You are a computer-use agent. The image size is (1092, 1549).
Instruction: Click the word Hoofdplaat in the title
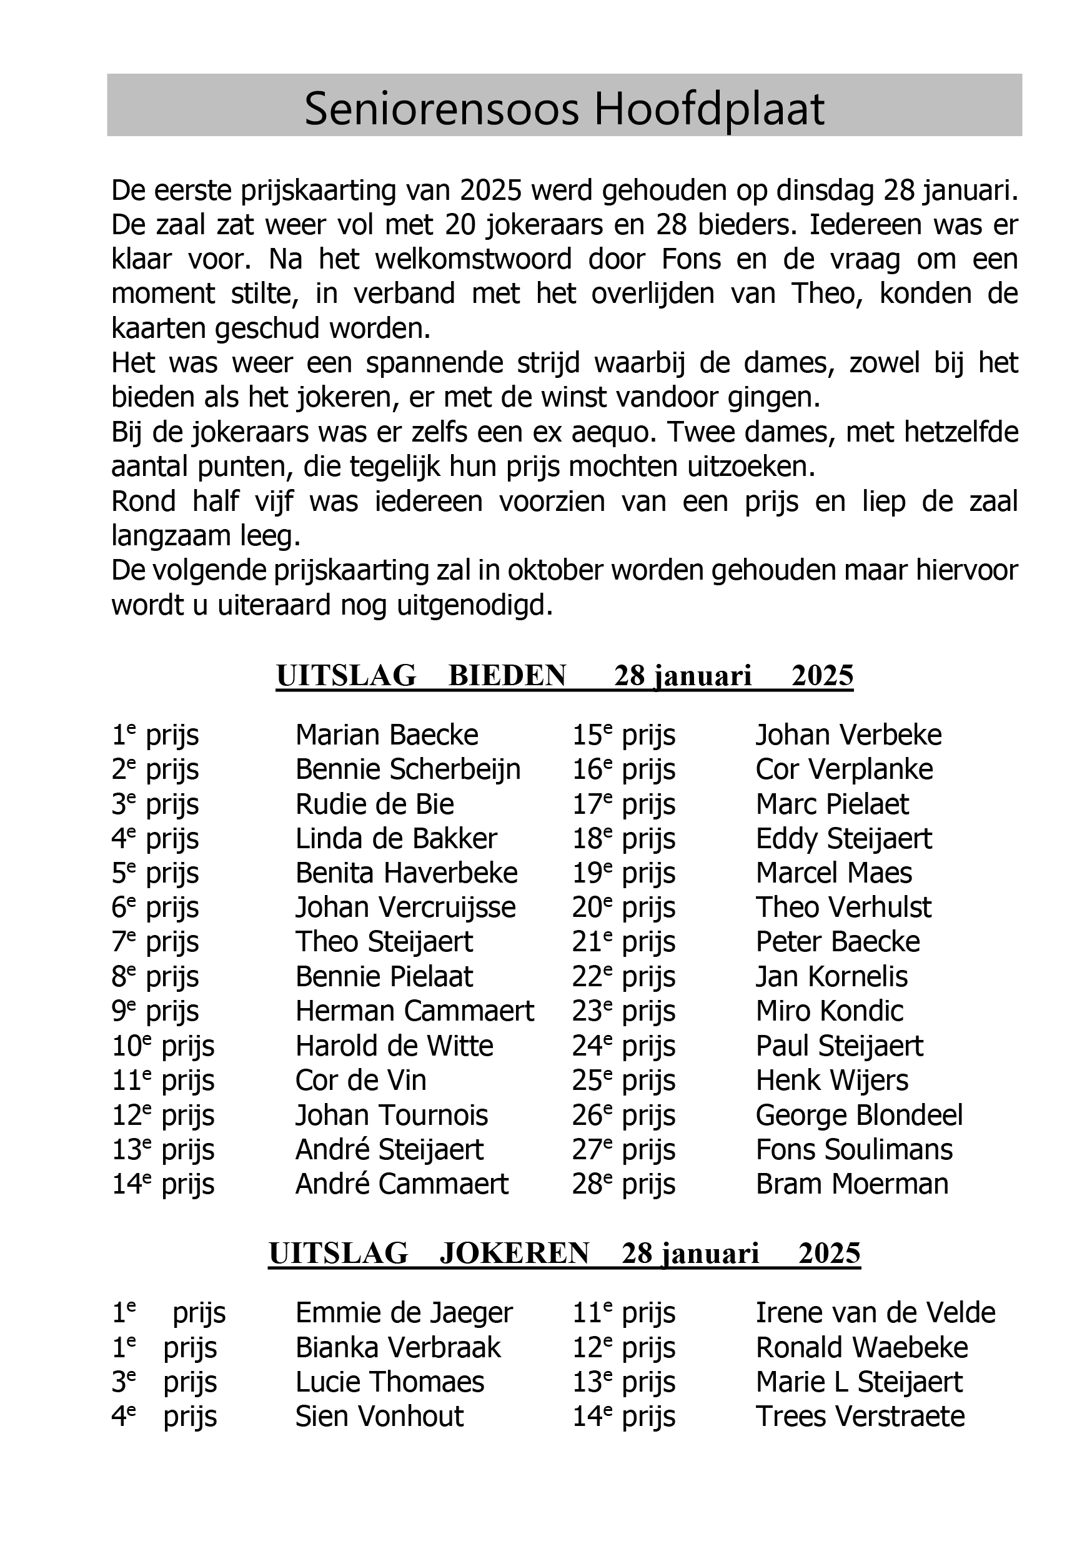click(x=708, y=109)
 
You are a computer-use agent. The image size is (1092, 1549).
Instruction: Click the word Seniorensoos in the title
click(x=442, y=109)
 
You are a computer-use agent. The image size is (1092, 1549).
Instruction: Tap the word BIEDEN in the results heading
click(x=507, y=676)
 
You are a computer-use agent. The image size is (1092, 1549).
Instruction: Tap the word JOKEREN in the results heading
click(x=514, y=1254)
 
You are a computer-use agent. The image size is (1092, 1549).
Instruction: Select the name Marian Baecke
click(x=387, y=735)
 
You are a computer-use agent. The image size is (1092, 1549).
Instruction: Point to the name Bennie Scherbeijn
click(x=408, y=770)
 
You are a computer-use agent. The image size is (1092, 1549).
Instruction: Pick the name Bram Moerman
click(x=851, y=1184)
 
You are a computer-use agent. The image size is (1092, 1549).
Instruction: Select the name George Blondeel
click(x=859, y=1115)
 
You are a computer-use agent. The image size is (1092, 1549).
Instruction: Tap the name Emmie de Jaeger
click(x=404, y=1313)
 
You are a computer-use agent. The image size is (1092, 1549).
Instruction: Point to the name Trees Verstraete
click(x=860, y=1416)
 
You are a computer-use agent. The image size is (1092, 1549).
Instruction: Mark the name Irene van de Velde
click(x=875, y=1313)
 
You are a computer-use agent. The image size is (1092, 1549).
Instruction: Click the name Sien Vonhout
click(x=379, y=1416)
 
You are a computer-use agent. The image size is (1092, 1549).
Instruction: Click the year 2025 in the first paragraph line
click(x=491, y=191)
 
